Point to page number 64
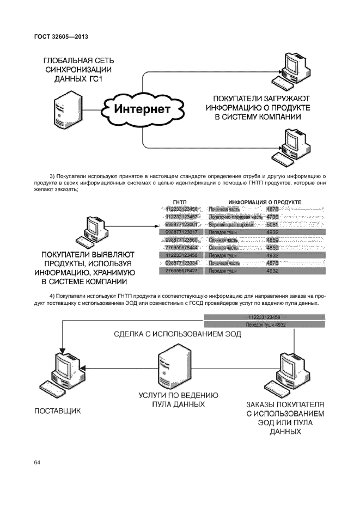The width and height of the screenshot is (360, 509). pyautogui.click(x=37, y=463)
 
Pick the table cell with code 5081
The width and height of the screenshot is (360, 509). pyautogui.click(x=272, y=224)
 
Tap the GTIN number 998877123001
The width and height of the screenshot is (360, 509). pyautogui.click(x=181, y=224)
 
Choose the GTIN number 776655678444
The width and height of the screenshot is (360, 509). pyautogui.click(x=181, y=247)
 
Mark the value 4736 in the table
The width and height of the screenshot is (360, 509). pyautogui.click(x=272, y=217)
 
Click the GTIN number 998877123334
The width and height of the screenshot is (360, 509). pyautogui.click(x=181, y=262)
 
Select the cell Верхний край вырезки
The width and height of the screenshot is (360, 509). pyautogui.click(x=231, y=224)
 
